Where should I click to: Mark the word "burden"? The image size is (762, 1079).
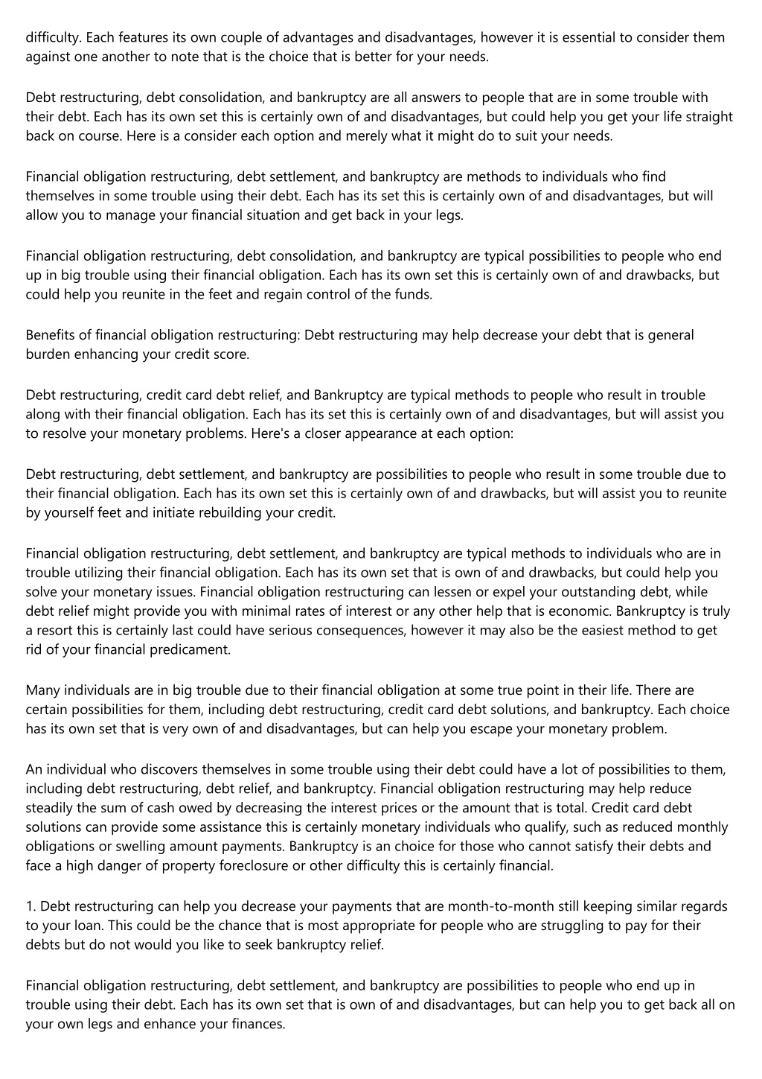tap(47, 354)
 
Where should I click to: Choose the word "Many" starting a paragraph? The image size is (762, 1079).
tap(42, 690)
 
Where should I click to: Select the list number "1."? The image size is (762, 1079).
tap(31, 905)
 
